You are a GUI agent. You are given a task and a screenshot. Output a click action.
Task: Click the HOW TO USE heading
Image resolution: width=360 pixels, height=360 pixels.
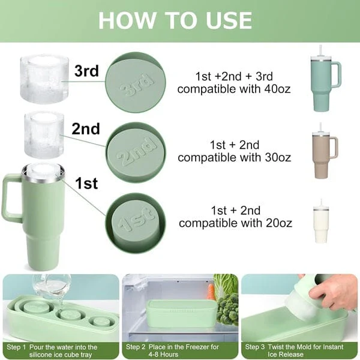(175, 20)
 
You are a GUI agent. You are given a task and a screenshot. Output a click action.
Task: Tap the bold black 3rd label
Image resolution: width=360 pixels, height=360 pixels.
(86, 71)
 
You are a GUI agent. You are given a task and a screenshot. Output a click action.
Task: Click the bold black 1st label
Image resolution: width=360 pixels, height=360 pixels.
(86, 184)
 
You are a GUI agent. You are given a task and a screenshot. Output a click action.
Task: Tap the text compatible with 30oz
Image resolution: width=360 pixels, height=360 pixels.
(235, 158)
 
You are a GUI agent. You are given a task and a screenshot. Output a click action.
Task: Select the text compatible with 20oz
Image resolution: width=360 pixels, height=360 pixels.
(235, 223)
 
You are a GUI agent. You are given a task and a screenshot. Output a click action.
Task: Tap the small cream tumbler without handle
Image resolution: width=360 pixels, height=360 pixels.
(322, 223)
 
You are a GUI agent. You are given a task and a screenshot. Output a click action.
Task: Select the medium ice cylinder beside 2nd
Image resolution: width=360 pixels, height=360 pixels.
(43, 135)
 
